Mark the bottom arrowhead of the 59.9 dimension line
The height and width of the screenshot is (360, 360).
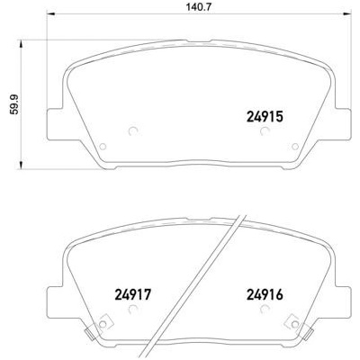29,167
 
